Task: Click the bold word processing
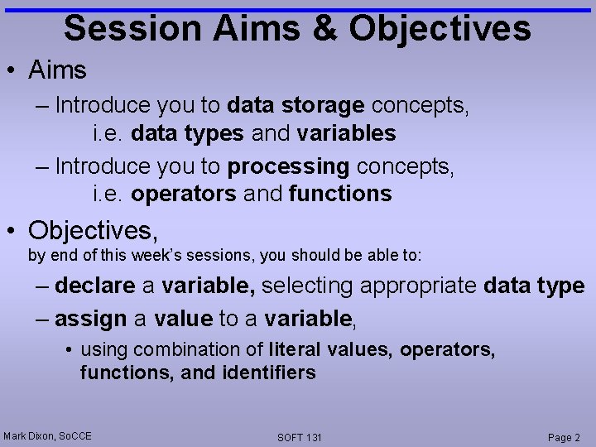[x=288, y=166]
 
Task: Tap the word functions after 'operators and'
[x=339, y=194]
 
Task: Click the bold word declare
[x=95, y=286]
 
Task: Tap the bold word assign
[x=91, y=318]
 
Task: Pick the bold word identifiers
[x=269, y=372]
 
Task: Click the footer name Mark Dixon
[x=30, y=436]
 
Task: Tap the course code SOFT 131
[x=300, y=437]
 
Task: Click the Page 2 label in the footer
[x=564, y=437]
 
